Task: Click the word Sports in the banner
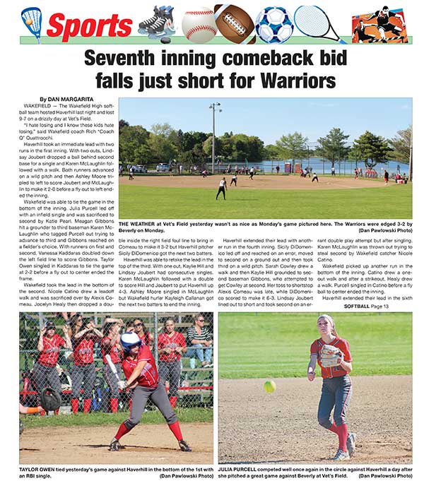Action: (89, 27)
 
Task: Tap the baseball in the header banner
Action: (199, 24)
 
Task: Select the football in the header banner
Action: (235, 23)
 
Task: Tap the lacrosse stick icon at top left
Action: (31, 24)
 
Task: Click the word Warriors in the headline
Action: (294, 81)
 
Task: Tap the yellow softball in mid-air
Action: (269, 386)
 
